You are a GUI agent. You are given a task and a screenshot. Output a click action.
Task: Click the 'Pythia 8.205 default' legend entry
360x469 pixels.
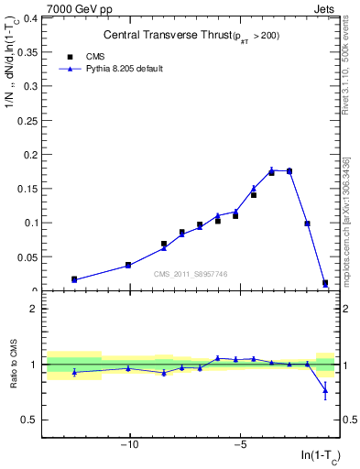111,69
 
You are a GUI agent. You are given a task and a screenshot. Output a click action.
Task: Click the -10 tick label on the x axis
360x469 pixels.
130,445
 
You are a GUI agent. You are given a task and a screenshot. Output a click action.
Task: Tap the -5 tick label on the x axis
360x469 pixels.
240,445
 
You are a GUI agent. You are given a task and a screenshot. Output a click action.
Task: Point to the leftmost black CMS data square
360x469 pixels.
74,279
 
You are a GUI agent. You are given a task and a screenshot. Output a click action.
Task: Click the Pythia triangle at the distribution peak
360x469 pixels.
272,169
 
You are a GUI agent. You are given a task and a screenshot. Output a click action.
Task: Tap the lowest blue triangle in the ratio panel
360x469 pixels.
325,392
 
